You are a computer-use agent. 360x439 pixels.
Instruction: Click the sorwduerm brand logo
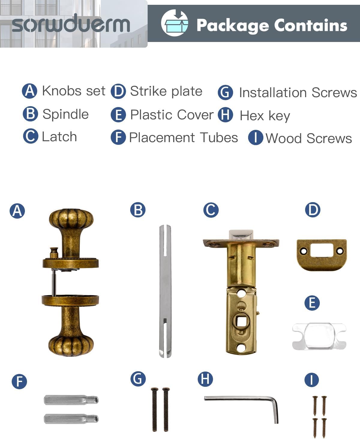pos(71,24)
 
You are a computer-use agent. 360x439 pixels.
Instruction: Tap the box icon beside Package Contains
pos(175,23)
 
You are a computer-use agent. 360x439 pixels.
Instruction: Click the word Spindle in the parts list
pos(65,114)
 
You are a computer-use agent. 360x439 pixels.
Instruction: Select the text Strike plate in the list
pos(166,91)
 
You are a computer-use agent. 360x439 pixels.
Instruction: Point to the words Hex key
pos(265,116)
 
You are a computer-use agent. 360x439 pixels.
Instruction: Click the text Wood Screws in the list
pos(309,139)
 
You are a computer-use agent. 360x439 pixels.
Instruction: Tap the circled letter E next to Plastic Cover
pos(118,115)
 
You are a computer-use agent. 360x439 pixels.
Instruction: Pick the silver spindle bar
pos(165,291)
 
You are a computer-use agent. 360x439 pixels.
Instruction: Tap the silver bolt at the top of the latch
pos(241,235)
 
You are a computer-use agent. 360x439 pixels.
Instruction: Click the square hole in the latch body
pos(241,322)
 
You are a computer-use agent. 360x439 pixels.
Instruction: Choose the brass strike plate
pos(322,254)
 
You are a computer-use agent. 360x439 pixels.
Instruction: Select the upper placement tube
pos(71,400)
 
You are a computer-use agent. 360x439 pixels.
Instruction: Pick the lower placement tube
pos(71,419)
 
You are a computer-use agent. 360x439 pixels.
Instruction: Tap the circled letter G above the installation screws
pos(138,379)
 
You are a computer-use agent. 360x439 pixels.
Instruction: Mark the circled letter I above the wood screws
pos(312,380)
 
